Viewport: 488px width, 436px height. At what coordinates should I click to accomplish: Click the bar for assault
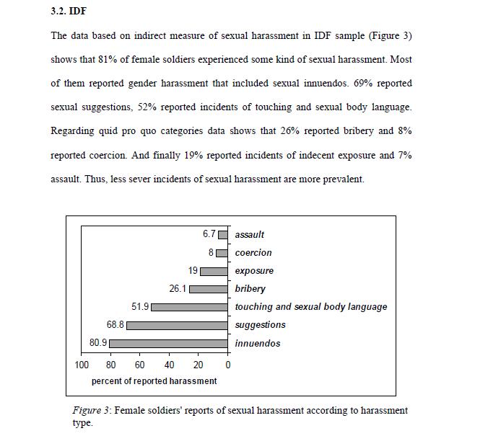click(x=223, y=234)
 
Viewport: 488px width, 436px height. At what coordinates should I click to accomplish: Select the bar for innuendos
click(x=168, y=343)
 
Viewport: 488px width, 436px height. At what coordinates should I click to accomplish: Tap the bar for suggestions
click(x=178, y=325)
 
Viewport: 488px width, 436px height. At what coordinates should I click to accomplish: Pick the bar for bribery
click(x=209, y=289)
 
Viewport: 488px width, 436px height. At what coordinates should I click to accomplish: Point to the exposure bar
click(x=214, y=271)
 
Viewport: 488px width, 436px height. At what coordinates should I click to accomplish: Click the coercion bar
click(x=222, y=253)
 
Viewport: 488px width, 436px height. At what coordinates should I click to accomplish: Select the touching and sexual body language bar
click(x=190, y=307)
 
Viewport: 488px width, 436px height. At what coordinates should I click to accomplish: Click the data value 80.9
click(x=98, y=342)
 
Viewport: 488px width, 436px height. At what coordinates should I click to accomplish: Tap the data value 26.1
click(x=178, y=288)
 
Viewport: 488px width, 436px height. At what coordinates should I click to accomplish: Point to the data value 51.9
click(x=140, y=306)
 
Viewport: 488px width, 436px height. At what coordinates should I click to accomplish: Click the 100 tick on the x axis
click(x=82, y=365)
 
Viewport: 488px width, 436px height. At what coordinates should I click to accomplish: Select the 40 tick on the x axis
click(x=170, y=365)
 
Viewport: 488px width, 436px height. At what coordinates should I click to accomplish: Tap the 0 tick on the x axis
click(x=228, y=365)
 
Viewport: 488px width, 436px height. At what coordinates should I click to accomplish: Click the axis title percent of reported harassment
click(x=154, y=381)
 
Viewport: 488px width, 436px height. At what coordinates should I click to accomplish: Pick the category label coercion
click(x=253, y=253)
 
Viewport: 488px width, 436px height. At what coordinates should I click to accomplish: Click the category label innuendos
click(x=257, y=343)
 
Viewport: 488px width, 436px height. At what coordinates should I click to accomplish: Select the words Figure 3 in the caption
click(x=90, y=411)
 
